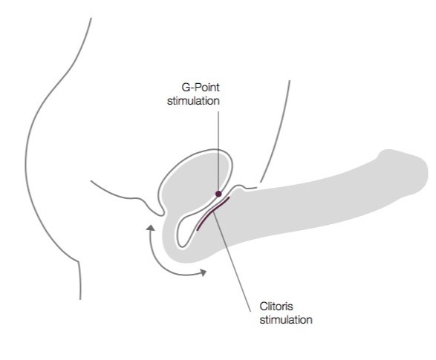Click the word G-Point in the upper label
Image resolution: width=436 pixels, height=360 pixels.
pyautogui.click(x=201, y=88)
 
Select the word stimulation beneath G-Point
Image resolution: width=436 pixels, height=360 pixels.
pyautogui.click(x=193, y=101)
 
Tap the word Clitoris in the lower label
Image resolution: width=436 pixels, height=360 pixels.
pyautogui.click(x=276, y=307)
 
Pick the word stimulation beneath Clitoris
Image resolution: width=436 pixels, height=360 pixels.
pyautogui.click(x=286, y=319)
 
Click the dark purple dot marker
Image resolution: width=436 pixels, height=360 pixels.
pyautogui.click(x=218, y=194)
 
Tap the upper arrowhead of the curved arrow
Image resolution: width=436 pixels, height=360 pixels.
pyautogui.click(x=151, y=228)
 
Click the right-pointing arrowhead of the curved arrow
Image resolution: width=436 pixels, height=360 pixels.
pyautogui.click(x=204, y=272)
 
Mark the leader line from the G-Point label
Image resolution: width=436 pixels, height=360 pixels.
pyautogui.click(x=218, y=151)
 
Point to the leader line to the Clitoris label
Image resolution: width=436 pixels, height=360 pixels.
pyautogui.click(x=232, y=261)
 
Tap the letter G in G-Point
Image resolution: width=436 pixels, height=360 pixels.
pyautogui.click(x=186, y=88)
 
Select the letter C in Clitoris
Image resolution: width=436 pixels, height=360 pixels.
pyautogui.click(x=264, y=307)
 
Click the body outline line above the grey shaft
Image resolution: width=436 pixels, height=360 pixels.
pyautogui.click(x=276, y=131)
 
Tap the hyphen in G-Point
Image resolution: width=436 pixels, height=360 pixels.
pyautogui.click(x=192, y=88)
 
